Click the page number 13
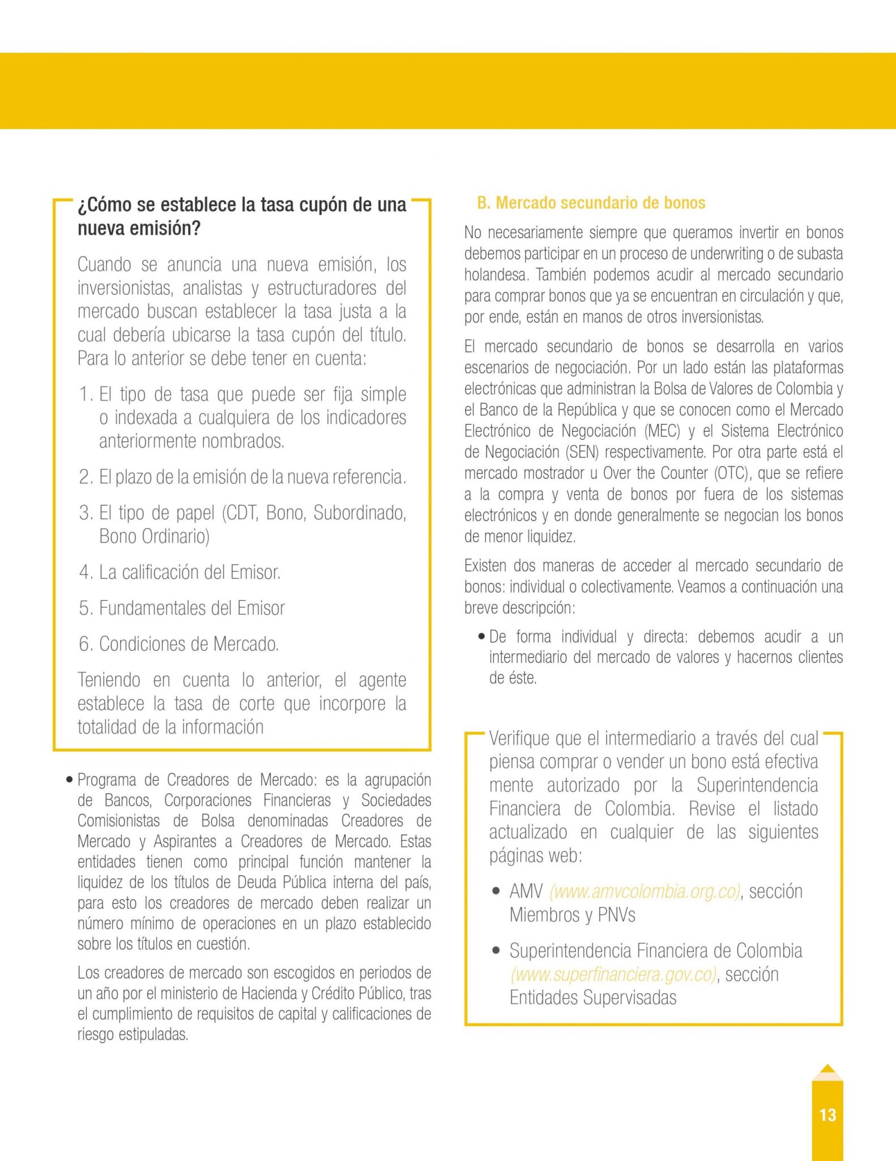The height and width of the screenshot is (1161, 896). [x=827, y=1115]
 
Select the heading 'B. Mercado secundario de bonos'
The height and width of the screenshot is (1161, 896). [x=591, y=203]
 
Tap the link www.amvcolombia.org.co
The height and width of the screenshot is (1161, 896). [x=645, y=891]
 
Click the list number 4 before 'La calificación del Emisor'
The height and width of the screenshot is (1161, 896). [x=86, y=572]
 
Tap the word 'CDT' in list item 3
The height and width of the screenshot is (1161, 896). [x=244, y=512]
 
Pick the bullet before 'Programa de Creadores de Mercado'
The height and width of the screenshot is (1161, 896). [x=69, y=780]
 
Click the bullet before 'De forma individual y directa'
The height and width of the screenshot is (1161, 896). [x=481, y=637]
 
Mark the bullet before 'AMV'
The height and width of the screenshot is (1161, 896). [x=496, y=891]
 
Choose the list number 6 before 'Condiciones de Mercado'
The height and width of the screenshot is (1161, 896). [x=86, y=644]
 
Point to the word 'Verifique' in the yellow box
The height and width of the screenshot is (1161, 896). [x=519, y=738]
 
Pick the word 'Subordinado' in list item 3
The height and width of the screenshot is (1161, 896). [x=359, y=512]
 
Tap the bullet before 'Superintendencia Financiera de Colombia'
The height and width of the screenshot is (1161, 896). [x=496, y=951]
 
